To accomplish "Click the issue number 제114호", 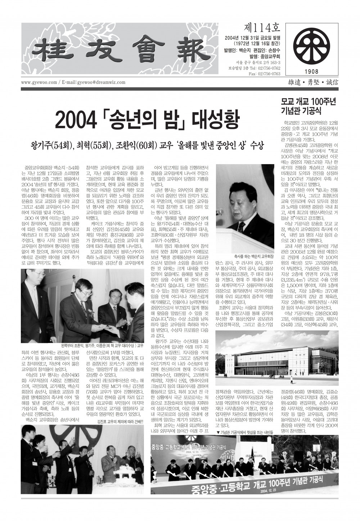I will pos(259,27).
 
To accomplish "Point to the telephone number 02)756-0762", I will pos(267,68).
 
